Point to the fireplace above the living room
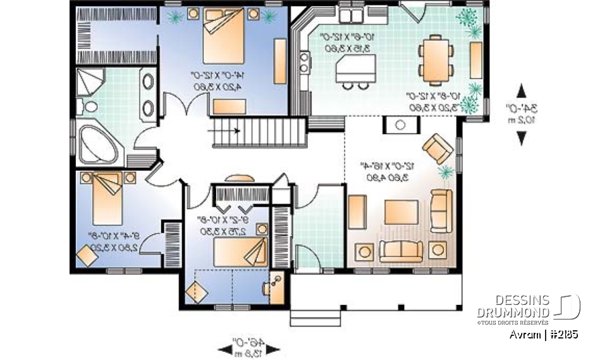[400, 125]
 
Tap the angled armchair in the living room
[438, 149]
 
